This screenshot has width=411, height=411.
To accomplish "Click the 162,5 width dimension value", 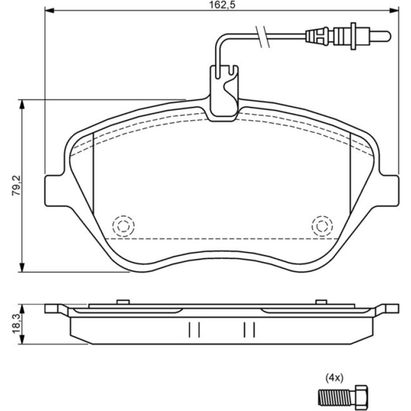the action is [x=222, y=5].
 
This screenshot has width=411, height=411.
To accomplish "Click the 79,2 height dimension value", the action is [x=17, y=186].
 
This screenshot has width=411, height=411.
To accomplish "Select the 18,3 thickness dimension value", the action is [x=17, y=324].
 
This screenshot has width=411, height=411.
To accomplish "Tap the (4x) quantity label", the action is [x=334, y=378].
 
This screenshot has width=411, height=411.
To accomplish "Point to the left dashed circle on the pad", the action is [x=123, y=226].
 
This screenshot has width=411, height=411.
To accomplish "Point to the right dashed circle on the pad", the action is [x=322, y=226].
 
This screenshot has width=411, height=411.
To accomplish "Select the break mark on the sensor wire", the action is [x=262, y=37].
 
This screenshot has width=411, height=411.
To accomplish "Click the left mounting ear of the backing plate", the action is [x=54, y=191].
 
